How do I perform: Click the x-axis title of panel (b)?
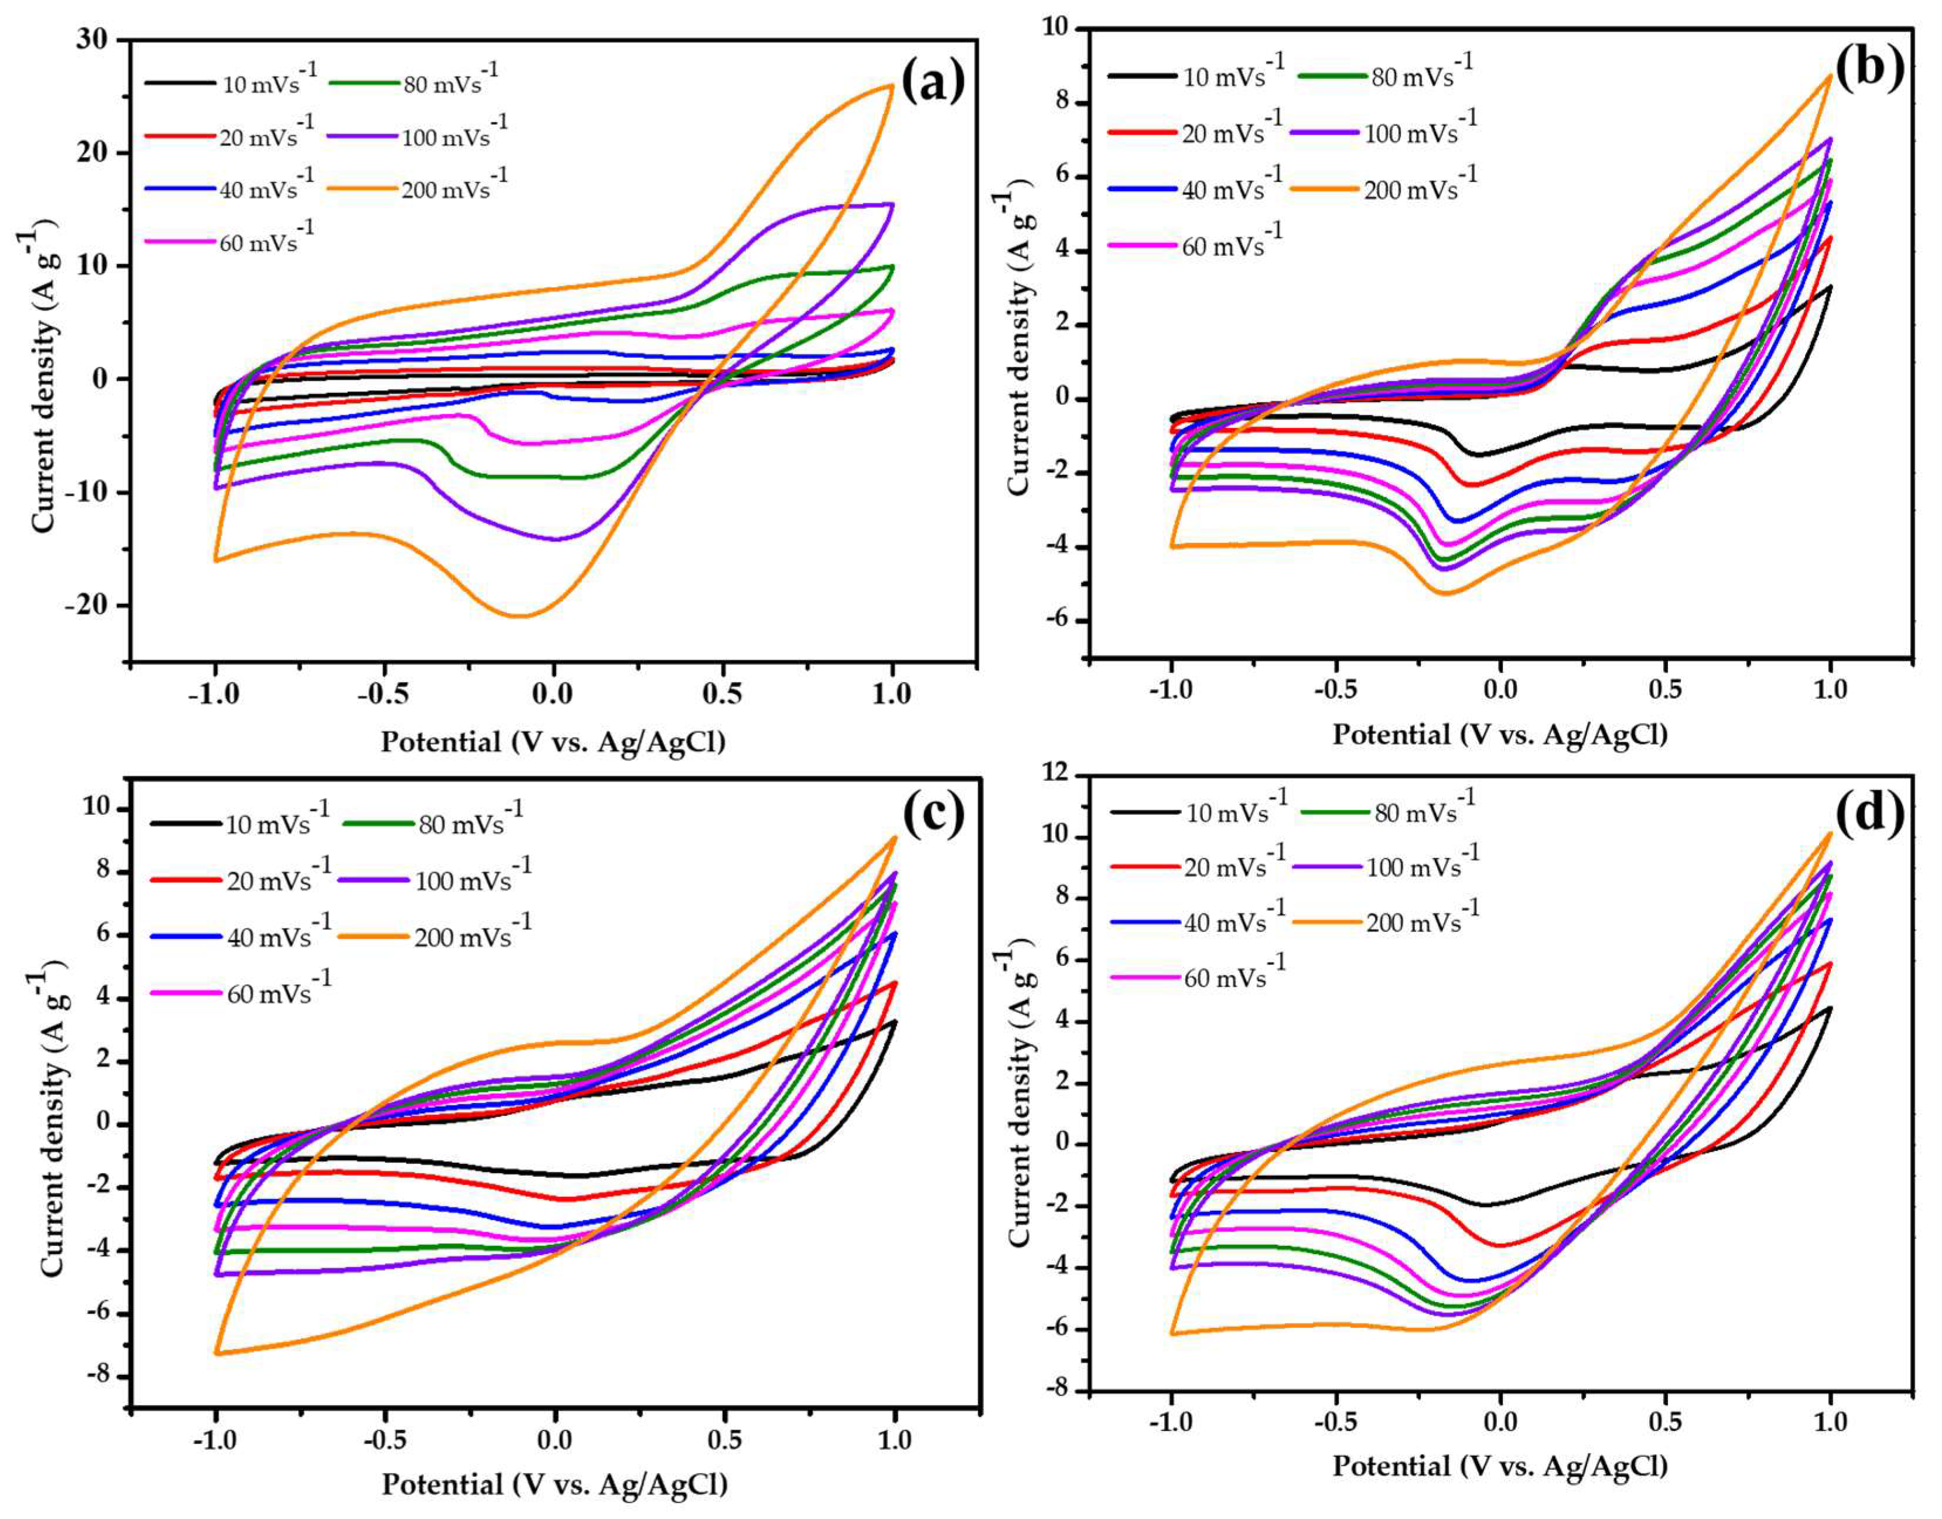pyautogui.click(x=1500, y=735)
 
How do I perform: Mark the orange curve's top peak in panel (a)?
pyautogui.click(x=891, y=86)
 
